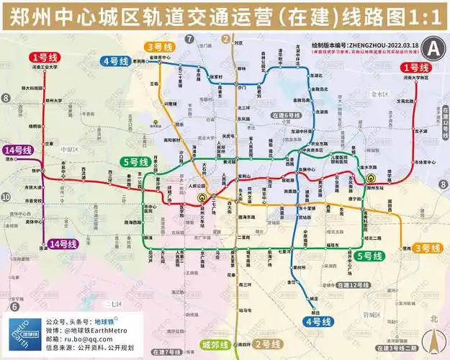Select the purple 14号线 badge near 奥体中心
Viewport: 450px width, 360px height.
tap(62, 244)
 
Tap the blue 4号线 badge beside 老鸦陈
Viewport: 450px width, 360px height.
tap(116, 61)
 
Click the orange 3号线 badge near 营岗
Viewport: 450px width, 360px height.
tap(431, 248)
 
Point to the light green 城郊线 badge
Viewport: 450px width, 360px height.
tap(215, 344)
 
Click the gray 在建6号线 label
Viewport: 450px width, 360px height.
tap(285, 115)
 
